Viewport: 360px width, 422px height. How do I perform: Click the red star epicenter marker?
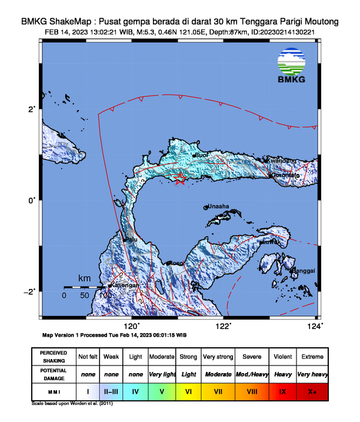point(181,180)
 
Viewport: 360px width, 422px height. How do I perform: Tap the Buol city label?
point(202,155)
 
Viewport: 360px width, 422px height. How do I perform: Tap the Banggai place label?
point(304,270)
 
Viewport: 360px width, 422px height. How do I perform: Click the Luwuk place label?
point(272,241)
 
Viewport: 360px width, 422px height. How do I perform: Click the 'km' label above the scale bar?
point(85,278)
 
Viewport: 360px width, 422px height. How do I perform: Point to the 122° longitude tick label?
point(223,325)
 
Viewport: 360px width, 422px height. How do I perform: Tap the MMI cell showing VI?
point(189,390)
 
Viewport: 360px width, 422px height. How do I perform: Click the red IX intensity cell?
point(282,390)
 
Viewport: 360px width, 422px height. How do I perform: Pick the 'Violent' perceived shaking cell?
point(282,357)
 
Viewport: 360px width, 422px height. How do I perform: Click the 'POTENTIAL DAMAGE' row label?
point(54,374)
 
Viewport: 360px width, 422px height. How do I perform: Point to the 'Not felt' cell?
point(88,357)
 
